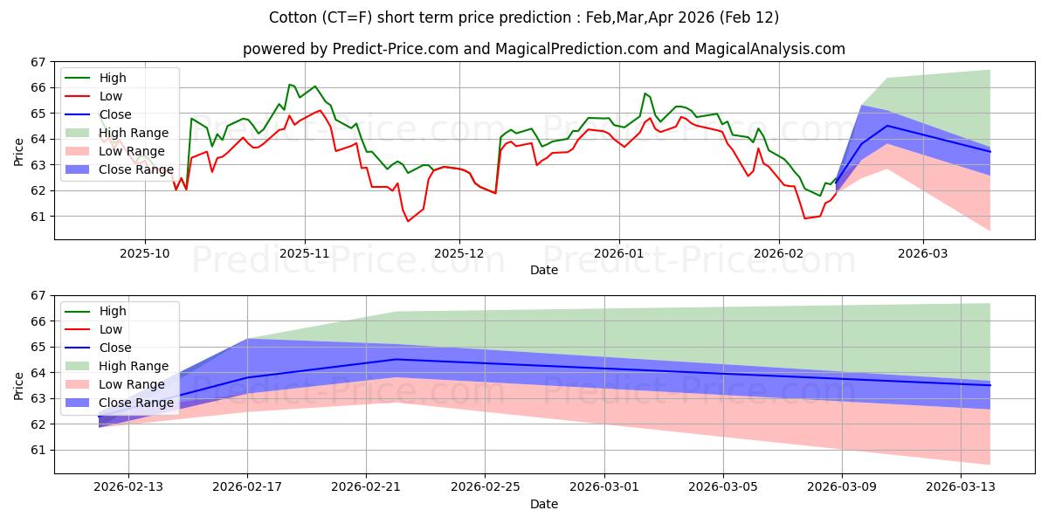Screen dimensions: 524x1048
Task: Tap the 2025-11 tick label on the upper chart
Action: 305,253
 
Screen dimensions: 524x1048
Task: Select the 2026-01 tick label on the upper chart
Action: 619,253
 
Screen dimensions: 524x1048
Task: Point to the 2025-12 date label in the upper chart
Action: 459,253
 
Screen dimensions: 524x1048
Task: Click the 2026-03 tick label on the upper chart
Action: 922,253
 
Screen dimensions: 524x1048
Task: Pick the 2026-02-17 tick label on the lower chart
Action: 247,487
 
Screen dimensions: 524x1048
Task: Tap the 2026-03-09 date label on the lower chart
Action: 842,487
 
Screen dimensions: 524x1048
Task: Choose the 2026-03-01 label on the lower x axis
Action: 604,487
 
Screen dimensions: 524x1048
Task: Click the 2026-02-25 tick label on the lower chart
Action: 485,487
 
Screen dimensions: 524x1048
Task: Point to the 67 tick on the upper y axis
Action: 38,62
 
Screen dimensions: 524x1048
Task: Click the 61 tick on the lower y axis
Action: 38,450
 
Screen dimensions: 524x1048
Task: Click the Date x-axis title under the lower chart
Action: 543,504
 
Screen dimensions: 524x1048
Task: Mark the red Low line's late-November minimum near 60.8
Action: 408,221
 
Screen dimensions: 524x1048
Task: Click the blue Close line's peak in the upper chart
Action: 887,126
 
